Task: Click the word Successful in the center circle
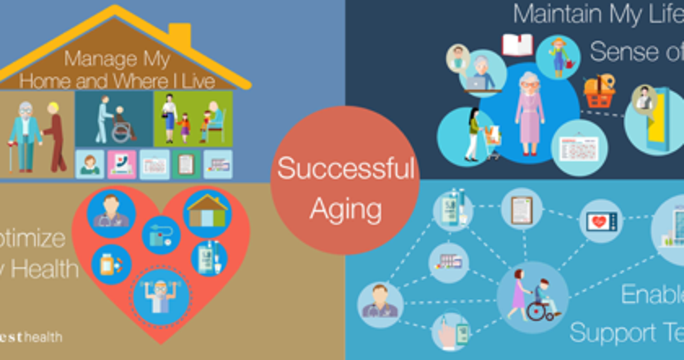(345, 169)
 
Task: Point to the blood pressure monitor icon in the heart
(161, 235)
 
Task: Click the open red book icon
(517, 45)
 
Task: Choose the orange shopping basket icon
(599, 91)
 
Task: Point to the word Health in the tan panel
(48, 268)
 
